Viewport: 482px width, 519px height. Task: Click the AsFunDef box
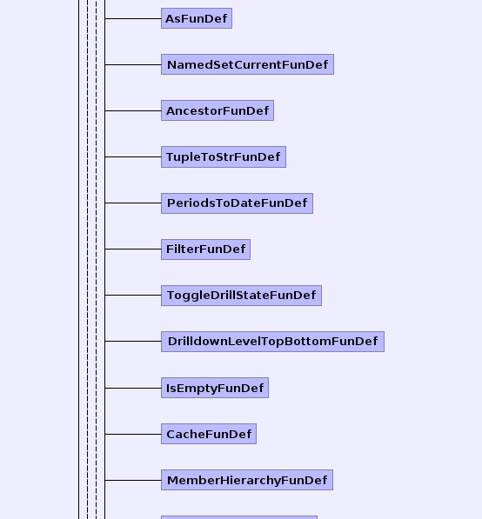(197, 18)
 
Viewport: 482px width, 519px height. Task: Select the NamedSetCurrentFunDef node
(247, 64)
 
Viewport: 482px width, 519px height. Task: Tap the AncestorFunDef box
(218, 110)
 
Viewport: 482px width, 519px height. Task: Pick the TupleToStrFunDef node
(224, 156)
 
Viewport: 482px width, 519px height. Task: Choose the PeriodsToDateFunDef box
(237, 203)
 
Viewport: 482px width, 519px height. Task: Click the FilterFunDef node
(205, 250)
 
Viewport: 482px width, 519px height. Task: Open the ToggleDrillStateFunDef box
(241, 296)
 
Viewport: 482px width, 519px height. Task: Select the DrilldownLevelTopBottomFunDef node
(272, 342)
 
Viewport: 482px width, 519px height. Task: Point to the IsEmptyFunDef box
(215, 388)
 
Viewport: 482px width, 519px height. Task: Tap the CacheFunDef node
(209, 434)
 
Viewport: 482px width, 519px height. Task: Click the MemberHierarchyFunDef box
(247, 480)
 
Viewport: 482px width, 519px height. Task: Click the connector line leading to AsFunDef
(133, 18)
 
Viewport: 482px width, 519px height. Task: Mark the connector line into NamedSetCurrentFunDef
(133, 64)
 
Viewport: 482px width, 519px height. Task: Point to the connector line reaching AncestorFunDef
(133, 110)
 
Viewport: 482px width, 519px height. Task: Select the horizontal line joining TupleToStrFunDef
(133, 156)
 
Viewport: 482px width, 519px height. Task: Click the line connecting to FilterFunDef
(133, 249)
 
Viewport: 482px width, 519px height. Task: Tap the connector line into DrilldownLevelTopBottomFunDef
(133, 341)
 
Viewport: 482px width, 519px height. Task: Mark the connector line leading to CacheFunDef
(133, 434)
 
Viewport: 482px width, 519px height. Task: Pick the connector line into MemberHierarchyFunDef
(133, 480)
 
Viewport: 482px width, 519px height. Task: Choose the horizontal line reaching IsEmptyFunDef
(133, 388)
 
